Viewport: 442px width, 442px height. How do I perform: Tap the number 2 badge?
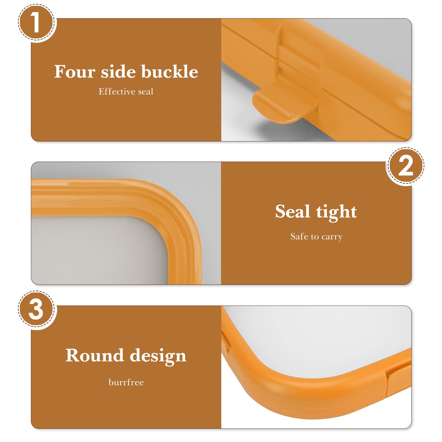point(406,166)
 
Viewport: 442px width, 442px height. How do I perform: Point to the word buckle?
point(170,72)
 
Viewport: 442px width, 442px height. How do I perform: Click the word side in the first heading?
point(118,72)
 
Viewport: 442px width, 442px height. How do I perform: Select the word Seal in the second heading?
point(293,211)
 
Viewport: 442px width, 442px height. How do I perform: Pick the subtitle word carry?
point(332,237)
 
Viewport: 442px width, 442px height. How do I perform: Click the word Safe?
point(299,236)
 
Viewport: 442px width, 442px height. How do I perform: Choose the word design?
point(158,356)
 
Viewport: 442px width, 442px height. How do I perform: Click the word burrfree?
point(126,382)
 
